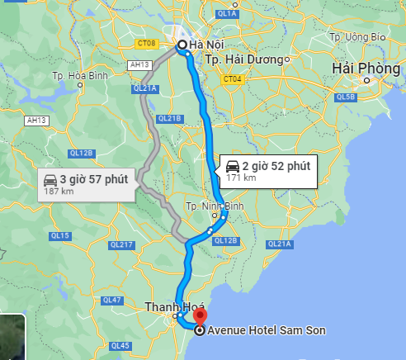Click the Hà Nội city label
[207, 45]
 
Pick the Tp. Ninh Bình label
[210, 206]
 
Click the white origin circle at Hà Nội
[182, 46]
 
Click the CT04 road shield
[232, 79]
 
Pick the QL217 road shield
[121, 244]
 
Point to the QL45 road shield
[120, 345]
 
